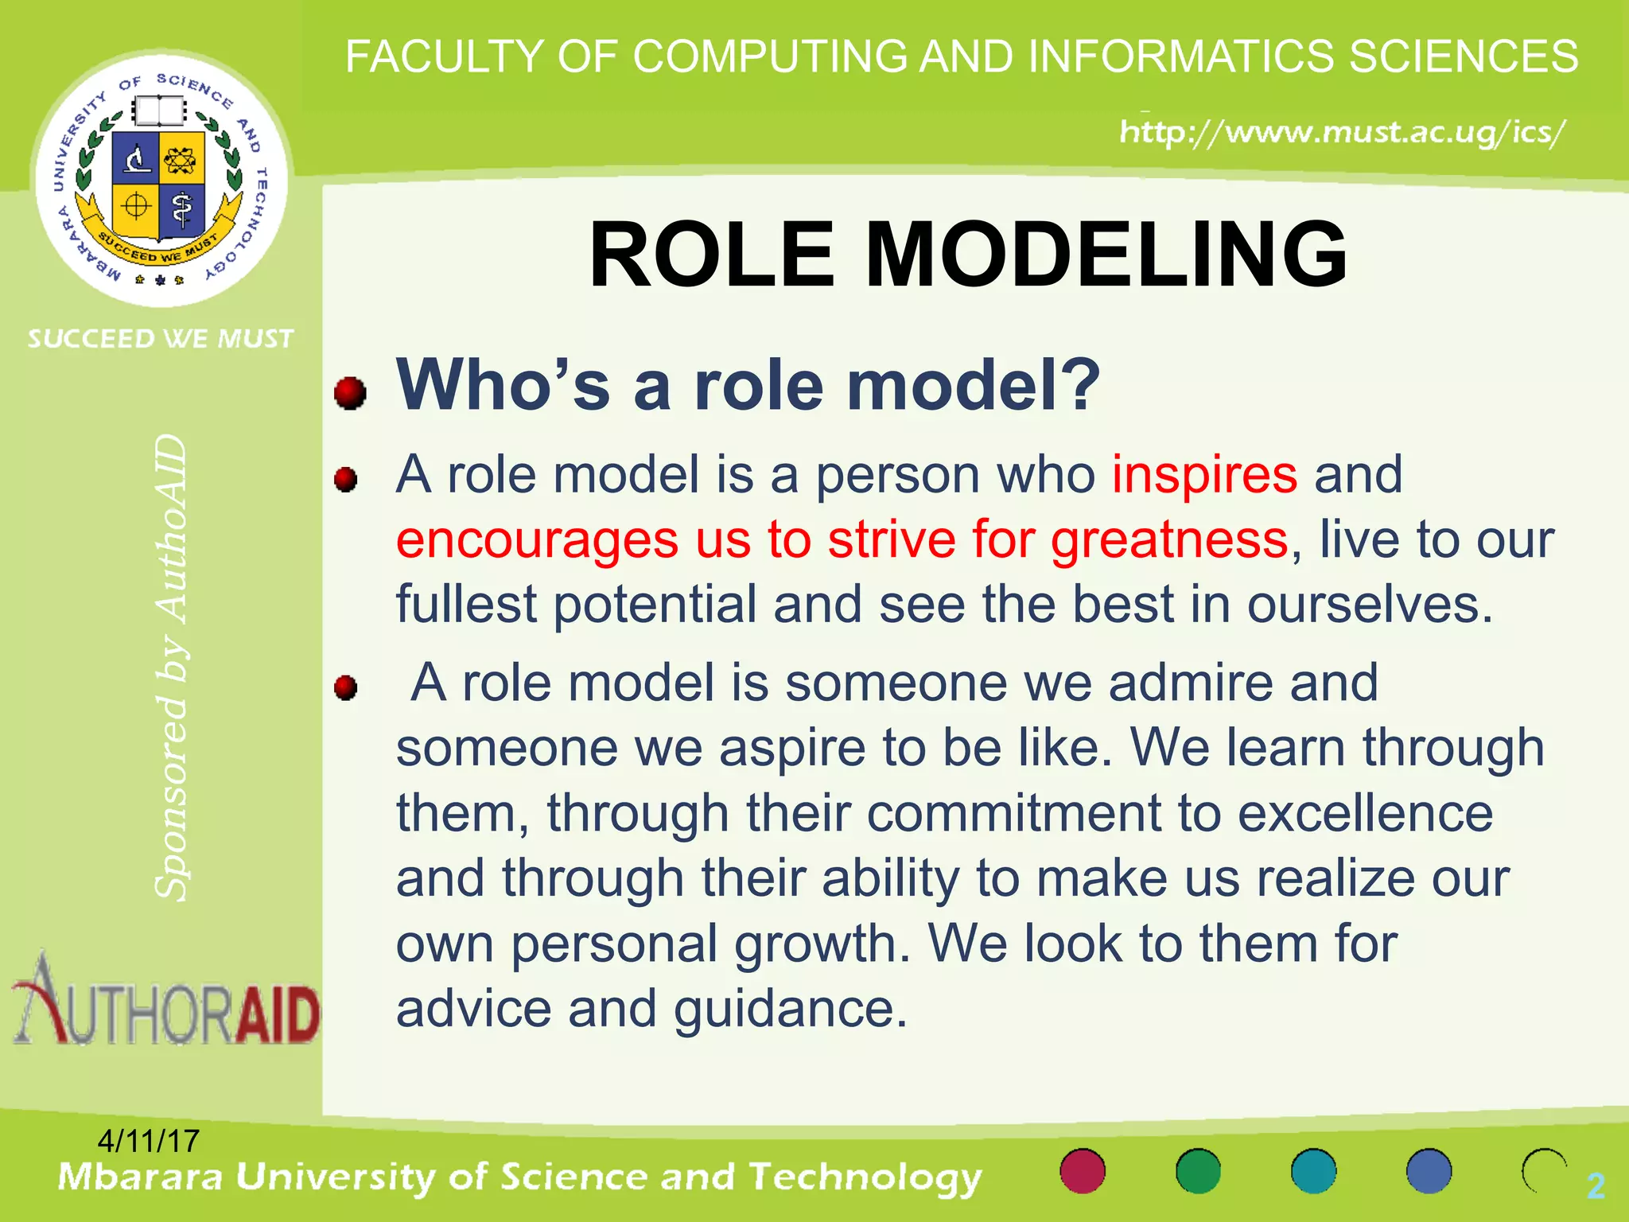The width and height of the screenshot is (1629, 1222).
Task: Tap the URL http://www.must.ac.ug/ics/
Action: click(x=1343, y=132)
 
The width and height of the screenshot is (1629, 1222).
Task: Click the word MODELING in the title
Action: click(x=1106, y=255)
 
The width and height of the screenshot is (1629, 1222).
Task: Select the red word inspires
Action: click(x=1204, y=475)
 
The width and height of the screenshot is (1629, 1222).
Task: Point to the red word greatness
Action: click(x=1168, y=540)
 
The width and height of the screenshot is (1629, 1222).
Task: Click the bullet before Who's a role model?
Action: click(x=350, y=392)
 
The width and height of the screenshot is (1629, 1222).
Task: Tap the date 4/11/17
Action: click(x=148, y=1141)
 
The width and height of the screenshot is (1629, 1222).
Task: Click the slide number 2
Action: click(x=1595, y=1186)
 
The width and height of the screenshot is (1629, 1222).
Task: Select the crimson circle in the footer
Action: click(x=1083, y=1171)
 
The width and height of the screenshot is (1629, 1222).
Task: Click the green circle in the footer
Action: click(x=1198, y=1171)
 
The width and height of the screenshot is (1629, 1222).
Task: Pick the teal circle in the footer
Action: click(x=1313, y=1171)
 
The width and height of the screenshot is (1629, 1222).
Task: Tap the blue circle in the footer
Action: click(x=1429, y=1171)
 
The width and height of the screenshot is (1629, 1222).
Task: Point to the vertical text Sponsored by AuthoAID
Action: click(x=172, y=668)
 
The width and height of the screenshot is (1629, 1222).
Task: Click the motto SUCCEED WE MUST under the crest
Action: click(x=161, y=339)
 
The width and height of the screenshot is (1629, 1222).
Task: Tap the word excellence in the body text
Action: click(x=1365, y=814)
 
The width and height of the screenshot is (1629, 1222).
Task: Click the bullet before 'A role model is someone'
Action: click(x=346, y=687)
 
